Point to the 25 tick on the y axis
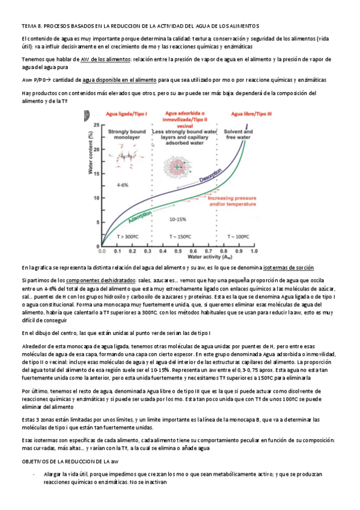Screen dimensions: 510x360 [x=96, y=124]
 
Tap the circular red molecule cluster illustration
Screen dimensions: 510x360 [x=178, y=163]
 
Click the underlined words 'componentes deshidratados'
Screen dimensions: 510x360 [x=96, y=280]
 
